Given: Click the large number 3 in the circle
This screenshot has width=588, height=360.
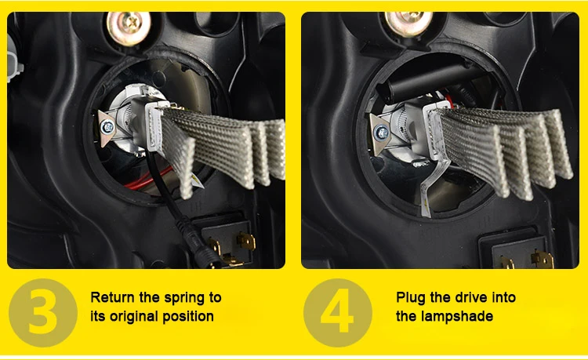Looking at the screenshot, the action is [x=43, y=312].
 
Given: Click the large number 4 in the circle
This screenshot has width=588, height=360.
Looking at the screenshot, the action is [x=337, y=311].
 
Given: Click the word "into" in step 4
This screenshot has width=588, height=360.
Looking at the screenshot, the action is [x=504, y=297].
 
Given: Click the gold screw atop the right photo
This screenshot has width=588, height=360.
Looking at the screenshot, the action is [x=408, y=23].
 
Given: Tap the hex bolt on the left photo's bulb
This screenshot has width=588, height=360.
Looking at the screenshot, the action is [x=107, y=128].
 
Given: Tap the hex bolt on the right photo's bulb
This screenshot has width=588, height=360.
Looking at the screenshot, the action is [x=382, y=133].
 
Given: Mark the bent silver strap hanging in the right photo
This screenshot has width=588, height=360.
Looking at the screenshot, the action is [x=430, y=187].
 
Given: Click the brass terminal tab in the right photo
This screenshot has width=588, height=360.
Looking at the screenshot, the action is [x=543, y=260].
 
